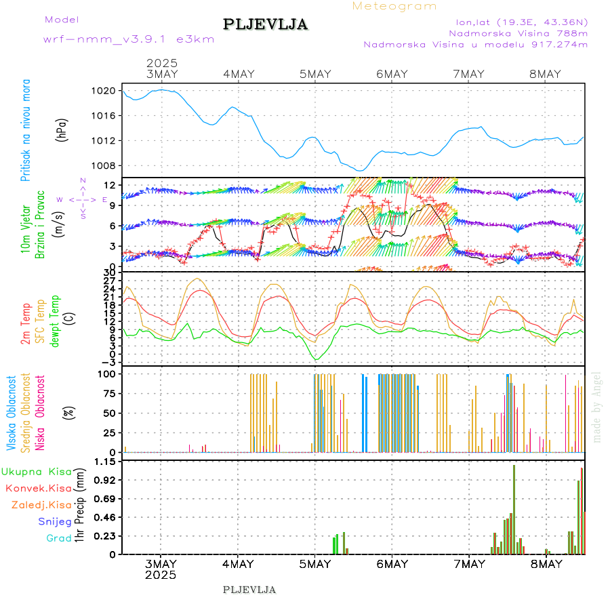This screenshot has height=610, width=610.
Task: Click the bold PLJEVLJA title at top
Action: (265, 24)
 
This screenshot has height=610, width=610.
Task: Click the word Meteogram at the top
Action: (394, 6)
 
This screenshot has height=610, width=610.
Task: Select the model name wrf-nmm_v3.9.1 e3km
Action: (129, 39)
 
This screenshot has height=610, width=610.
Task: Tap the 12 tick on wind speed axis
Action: (108, 185)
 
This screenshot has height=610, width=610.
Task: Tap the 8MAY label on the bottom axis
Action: (546, 564)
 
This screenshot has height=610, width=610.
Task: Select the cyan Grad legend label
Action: (58, 538)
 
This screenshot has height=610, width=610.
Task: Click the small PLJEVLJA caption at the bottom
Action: (249, 590)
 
